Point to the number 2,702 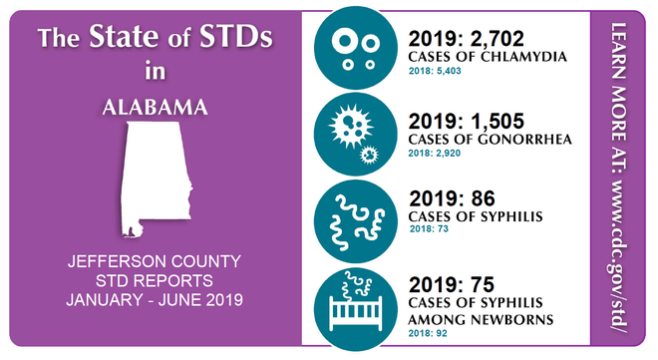tap(505, 41)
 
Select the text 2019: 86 tap(452, 199)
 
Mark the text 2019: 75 tap(452, 282)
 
